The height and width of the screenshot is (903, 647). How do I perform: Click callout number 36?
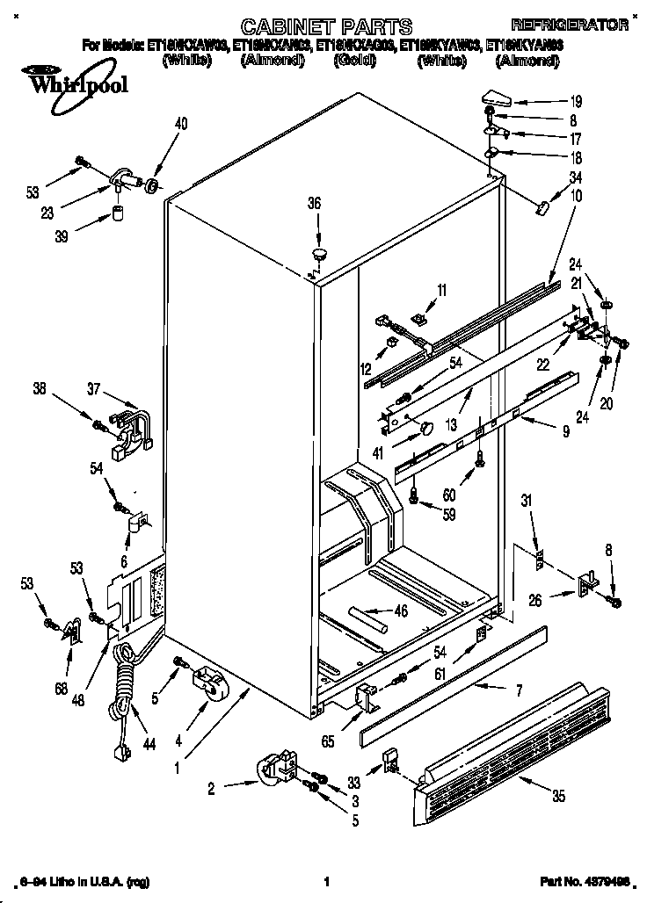314,203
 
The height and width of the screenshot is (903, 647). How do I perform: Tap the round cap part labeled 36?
318,254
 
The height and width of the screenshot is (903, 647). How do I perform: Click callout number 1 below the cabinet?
178,766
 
